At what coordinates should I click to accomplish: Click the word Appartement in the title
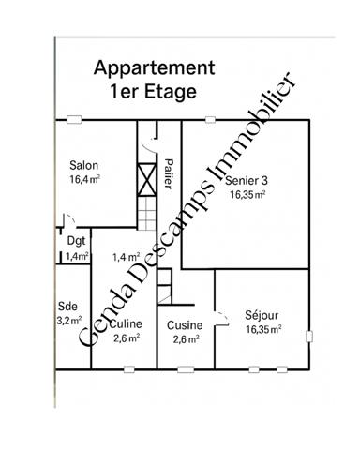pyautogui.click(x=155, y=68)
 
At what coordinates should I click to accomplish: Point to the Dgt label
pyautogui.click(x=76, y=241)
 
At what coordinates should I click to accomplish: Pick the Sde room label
pyautogui.click(x=67, y=306)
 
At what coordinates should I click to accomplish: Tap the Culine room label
pyautogui.click(x=126, y=324)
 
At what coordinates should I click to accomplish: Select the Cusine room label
pyautogui.click(x=185, y=325)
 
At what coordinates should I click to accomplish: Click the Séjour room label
pyautogui.click(x=262, y=315)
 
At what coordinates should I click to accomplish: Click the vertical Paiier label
pyautogui.click(x=169, y=172)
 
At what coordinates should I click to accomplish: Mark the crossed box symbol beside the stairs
pyautogui.click(x=145, y=177)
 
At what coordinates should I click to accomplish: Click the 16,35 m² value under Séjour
pyautogui.click(x=262, y=330)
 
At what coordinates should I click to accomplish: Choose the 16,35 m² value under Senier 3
pyautogui.click(x=248, y=195)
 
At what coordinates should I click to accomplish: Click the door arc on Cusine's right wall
pyautogui.click(x=220, y=318)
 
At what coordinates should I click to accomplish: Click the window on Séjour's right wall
pyautogui.click(x=307, y=333)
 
